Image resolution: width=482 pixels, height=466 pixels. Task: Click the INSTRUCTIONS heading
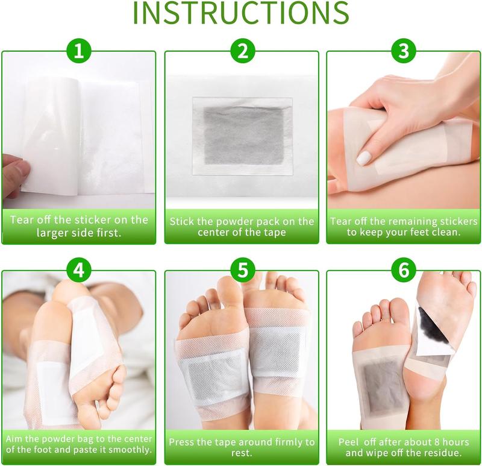[241, 13]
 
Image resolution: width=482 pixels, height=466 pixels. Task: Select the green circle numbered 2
[242, 51]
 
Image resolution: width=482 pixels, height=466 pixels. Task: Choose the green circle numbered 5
[242, 270]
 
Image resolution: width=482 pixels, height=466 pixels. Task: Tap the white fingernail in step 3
[363, 158]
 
